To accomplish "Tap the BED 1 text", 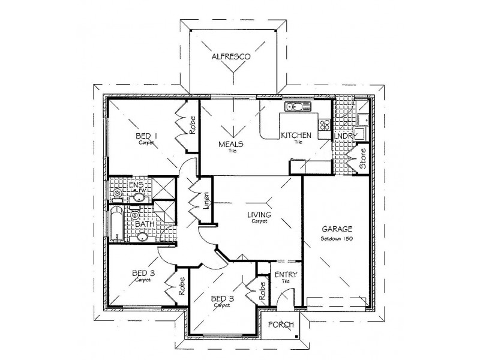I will (146, 136).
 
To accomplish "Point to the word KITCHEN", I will (296, 136).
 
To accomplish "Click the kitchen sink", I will (295, 107).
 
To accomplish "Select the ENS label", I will (136, 185).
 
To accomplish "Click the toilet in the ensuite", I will (115, 195).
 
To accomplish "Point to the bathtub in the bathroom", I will (116, 224).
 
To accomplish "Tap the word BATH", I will (143, 224).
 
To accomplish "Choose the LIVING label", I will (260, 214).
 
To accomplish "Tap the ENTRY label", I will (283, 275).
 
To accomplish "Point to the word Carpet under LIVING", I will (259, 221).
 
